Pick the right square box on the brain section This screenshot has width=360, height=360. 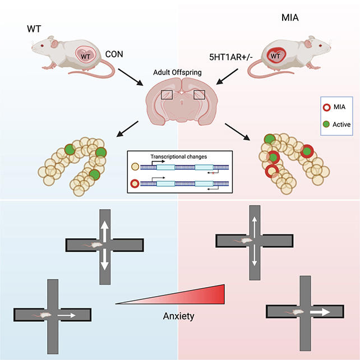point(201,95)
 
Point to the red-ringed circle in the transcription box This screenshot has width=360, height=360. point(133,183)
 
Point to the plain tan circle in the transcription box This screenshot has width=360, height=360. point(133,167)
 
